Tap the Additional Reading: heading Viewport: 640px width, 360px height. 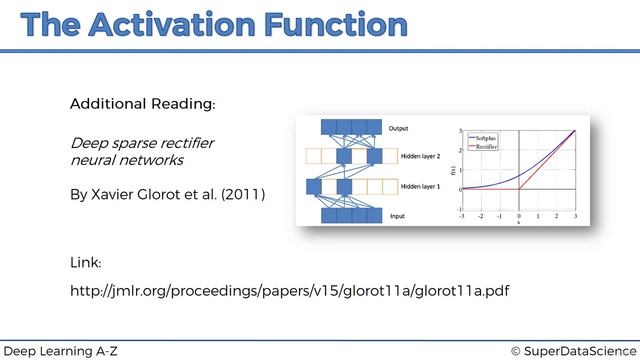(142, 104)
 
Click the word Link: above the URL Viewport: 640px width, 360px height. (85, 262)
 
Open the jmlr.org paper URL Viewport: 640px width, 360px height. (289, 291)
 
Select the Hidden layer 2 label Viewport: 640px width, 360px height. (420, 157)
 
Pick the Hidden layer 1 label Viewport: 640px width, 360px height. (420, 186)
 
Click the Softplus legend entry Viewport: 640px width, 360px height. (488, 137)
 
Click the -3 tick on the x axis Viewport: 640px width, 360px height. (461, 215)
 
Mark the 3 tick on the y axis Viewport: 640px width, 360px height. (458, 131)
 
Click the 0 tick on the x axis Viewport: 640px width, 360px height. (518, 215)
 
